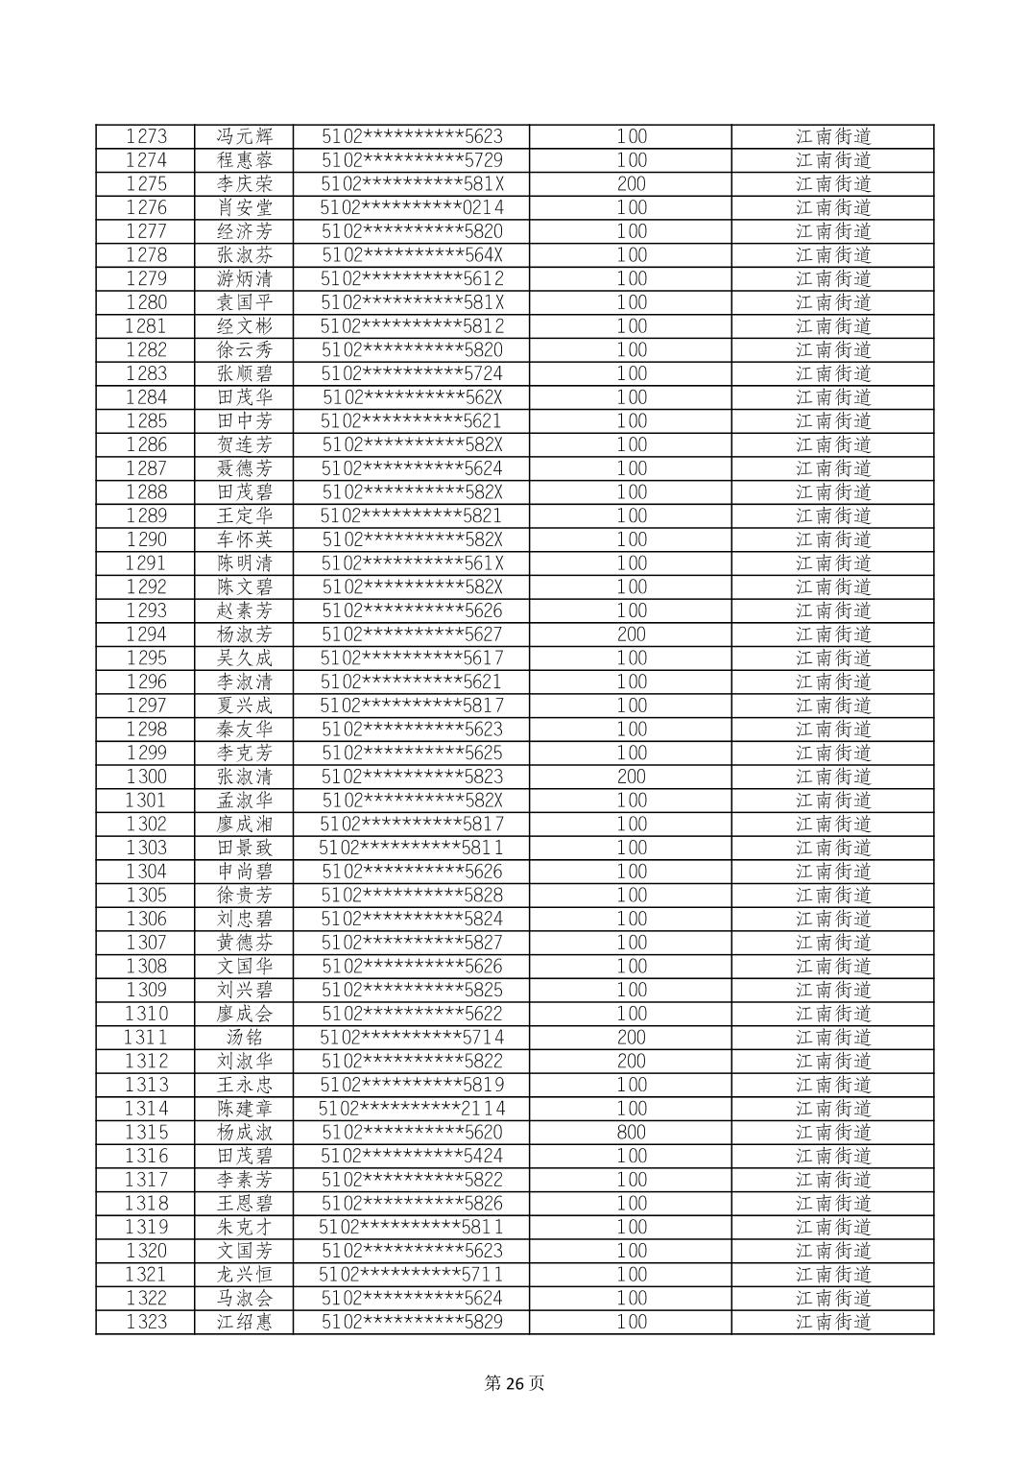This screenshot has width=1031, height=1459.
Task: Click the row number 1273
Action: coord(146,136)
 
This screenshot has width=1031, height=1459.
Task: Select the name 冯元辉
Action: coord(245,136)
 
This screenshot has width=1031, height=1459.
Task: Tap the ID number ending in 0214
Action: coord(412,207)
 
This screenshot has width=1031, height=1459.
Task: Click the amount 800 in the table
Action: coord(632,1133)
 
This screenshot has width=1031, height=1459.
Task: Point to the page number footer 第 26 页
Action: coord(515,1383)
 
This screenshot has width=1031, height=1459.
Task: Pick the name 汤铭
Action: coord(245,1038)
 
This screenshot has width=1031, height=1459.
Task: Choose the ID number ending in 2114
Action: coord(412,1109)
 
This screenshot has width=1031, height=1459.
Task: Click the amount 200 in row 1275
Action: coord(632,183)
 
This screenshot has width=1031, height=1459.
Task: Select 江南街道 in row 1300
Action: coord(833,777)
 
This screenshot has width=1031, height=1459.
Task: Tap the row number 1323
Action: coord(146,1322)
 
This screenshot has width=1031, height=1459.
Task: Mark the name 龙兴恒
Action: coord(245,1275)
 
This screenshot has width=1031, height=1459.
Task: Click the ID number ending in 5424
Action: coord(412,1156)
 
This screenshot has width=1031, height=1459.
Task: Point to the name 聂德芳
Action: coord(245,468)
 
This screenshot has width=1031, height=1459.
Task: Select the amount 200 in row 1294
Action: coord(632,634)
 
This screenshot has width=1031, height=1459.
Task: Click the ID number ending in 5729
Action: coord(412,160)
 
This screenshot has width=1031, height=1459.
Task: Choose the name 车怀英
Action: coord(245,539)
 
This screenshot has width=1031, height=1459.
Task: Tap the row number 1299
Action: coord(146,753)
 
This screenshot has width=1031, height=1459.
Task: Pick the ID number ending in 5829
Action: coord(412,1322)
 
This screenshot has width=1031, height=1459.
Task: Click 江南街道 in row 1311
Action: coord(833,1038)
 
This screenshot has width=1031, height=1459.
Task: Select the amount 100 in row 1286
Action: coord(632,444)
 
